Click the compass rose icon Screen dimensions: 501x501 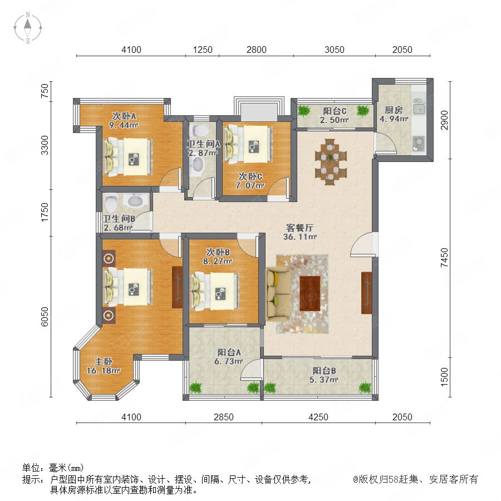28,28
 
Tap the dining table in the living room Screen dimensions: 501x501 330,161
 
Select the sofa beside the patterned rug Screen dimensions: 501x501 277,294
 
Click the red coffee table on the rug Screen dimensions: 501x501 310,293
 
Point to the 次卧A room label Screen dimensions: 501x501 124,116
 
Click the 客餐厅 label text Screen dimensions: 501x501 299,228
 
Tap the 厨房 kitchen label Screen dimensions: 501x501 394,110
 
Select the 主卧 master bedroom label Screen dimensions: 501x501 103,361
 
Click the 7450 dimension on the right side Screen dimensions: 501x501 444,258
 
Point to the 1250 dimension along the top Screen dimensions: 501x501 203,50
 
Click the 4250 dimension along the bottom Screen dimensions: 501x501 318,417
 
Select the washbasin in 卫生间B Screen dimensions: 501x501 137,202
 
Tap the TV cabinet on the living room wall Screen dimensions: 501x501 366,293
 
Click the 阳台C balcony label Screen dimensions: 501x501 335,111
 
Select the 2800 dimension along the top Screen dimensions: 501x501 256,50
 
